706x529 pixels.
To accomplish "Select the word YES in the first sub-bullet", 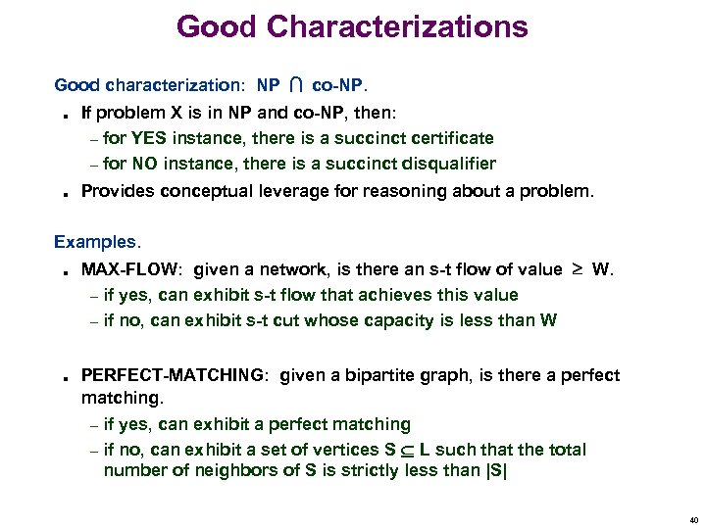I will click(x=149, y=138).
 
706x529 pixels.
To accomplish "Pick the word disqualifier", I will click(x=447, y=164).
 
